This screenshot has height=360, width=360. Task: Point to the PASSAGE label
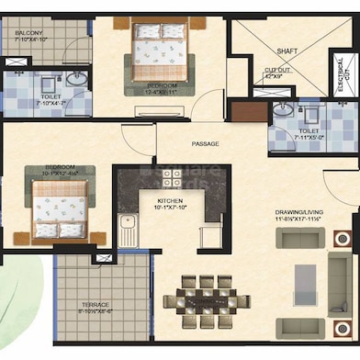[204, 144]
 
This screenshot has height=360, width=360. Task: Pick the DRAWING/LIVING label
[296, 212]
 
